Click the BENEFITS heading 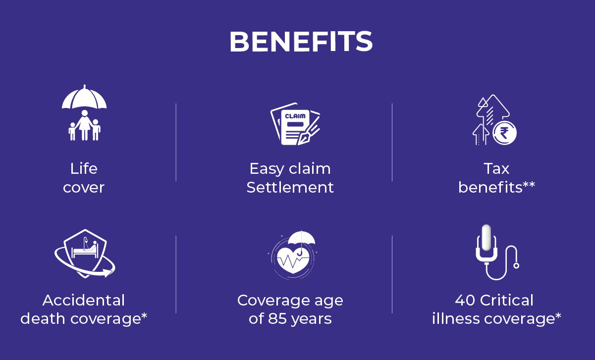301,42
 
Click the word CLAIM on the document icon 295,116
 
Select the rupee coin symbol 504,133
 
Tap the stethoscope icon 497,252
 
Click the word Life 84,168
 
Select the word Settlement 290,187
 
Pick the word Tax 496,168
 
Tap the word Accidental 84,300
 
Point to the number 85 277,318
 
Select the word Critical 506,300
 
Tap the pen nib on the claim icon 304,138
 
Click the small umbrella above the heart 302,238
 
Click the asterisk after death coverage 144,315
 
